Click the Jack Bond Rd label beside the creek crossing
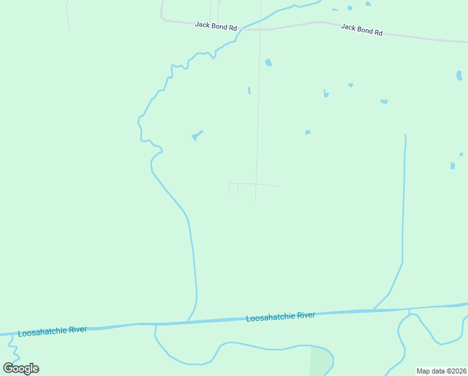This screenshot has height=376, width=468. click(216, 26)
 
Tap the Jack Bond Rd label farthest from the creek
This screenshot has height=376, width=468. click(362, 29)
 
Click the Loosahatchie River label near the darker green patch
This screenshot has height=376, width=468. click(280, 316)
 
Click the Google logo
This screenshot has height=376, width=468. click(21, 368)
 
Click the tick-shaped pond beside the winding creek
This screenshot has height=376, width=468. click(196, 135)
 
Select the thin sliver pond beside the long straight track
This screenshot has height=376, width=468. click(249, 90)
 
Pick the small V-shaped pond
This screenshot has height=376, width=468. click(325, 94)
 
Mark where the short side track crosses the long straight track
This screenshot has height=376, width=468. click(256, 184)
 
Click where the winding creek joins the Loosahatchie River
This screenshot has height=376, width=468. click(188, 321)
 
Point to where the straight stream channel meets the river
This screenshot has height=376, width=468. click(374, 310)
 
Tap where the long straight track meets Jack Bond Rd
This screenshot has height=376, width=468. click(260, 29)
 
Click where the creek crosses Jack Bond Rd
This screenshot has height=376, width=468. click(242, 29)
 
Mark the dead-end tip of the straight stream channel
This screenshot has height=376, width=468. click(405, 135)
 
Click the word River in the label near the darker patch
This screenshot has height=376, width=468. click(306, 315)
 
